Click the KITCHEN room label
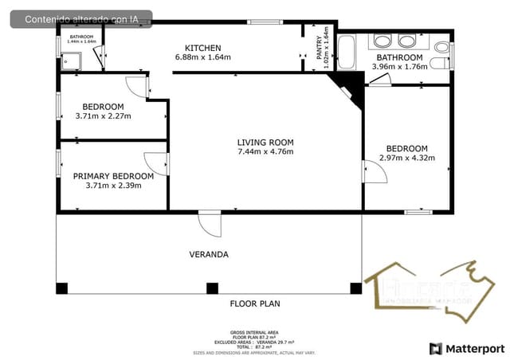[202, 47]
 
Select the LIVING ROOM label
[265, 142]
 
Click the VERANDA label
[209, 255]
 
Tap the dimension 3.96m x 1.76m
[399, 67]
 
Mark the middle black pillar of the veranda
[211, 288]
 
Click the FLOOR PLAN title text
[255, 303]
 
